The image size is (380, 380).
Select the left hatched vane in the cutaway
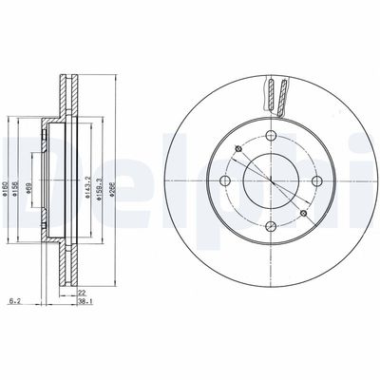click(267, 95)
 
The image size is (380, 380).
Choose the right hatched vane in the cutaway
click(279, 95)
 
